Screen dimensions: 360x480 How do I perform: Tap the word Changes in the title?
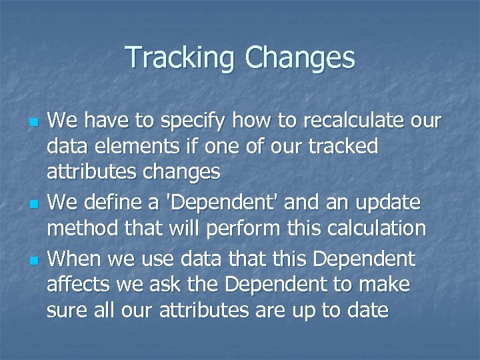pyautogui.click(x=299, y=58)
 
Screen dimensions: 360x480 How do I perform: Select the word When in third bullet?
pyautogui.click(x=75, y=258)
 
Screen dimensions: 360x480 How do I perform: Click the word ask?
pyautogui.click(x=161, y=285)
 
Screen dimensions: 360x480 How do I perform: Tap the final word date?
pyautogui.click(x=366, y=311)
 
